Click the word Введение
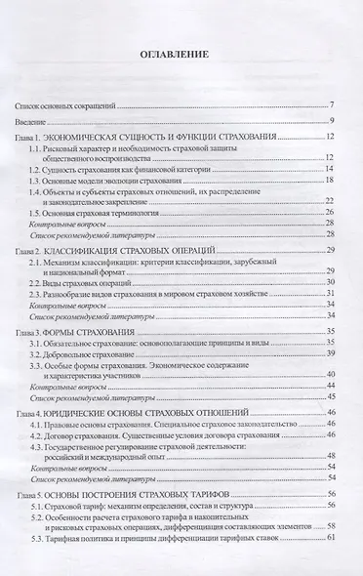(34, 121)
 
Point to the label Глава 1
(33, 138)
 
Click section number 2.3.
(62, 293)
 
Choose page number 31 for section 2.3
(331, 293)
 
